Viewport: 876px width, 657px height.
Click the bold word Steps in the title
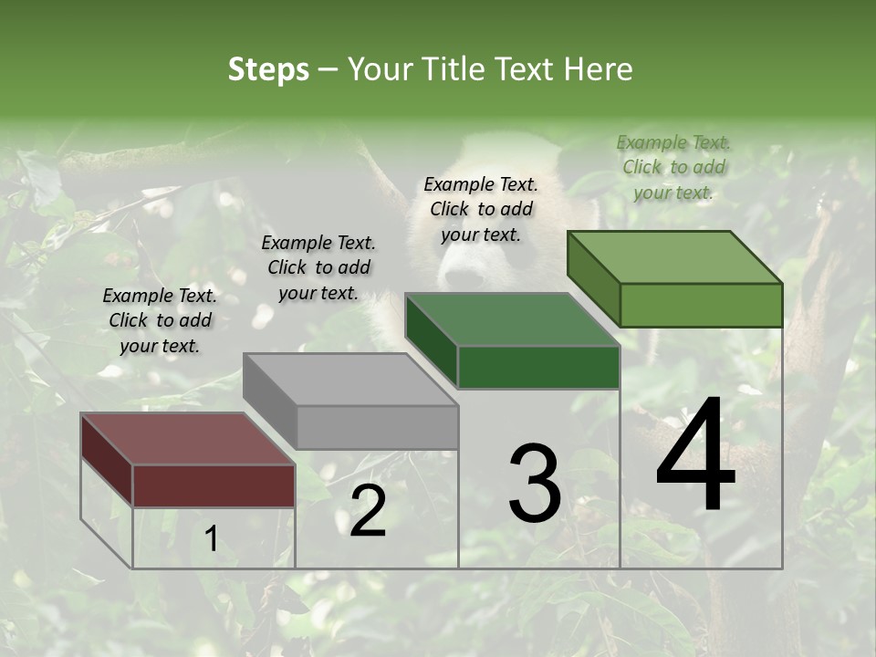coord(268,69)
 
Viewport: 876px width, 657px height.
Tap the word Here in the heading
coord(599,69)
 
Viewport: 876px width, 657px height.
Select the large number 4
coord(695,455)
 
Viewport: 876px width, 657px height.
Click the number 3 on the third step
coord(535,483)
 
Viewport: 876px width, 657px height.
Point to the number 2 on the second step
coord(368,512)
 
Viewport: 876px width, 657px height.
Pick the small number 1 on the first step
coord(211,539)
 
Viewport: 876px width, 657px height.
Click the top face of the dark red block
coord(187,438)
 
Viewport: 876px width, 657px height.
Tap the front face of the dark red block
coord(214,485)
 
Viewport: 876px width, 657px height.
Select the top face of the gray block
coord(350,379)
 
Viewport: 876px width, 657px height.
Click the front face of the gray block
coord(378,427)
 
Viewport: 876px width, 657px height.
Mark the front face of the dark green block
coord(538,368)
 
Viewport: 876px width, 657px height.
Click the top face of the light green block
coord(675,256)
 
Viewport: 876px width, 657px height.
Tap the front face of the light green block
coord(701,305)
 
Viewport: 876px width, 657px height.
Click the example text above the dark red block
coord(160,320)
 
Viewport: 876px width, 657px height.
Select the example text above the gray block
coord(318,267)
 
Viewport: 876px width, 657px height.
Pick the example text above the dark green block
coord(481,209)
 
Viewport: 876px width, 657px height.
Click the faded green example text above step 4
coord(673,167)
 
